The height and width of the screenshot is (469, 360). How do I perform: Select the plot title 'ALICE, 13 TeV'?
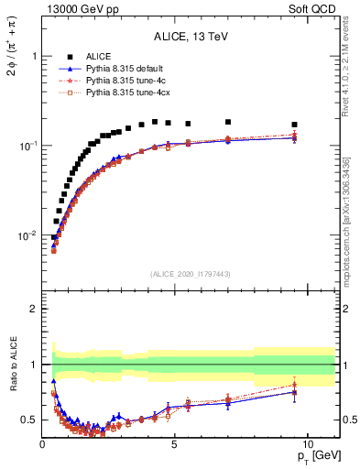coord(190,37)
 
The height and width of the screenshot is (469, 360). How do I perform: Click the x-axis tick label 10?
coord(307,444)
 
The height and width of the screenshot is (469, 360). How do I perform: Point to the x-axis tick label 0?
coord(42,444)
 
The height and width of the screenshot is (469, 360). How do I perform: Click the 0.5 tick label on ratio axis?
coord(28,420)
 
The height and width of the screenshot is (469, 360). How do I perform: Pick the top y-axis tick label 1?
coord(33,56)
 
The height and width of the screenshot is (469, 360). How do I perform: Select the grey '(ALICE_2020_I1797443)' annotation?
coord(190,274)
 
